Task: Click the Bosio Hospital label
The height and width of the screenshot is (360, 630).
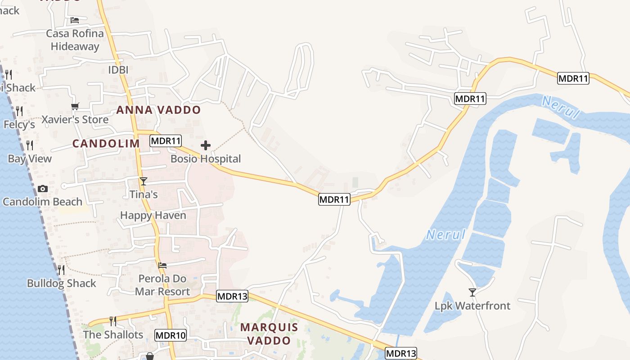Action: [x=206, y=159]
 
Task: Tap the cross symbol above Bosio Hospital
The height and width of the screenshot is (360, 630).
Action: [x=206, y=145]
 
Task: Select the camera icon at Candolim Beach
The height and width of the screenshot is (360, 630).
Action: [x=43, y=189]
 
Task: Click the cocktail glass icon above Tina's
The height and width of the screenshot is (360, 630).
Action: [x=144, y=181]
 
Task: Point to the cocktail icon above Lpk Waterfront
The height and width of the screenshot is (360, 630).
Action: [x=472, y=292]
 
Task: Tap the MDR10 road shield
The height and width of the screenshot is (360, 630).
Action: [x=171, y=335]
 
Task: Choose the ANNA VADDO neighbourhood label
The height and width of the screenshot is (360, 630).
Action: [x=158, y=110]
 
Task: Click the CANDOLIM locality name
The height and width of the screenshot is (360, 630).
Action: [x=106, y=144]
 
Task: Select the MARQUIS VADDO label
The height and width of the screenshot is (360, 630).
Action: [x=269, y=333]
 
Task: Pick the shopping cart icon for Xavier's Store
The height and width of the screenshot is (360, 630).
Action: [x=75, y=107]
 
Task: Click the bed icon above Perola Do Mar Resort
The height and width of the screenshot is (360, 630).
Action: [x=162, y=265]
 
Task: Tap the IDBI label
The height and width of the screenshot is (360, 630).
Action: [x=118, y=70]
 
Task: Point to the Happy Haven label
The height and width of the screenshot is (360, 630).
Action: [x=153, y=216]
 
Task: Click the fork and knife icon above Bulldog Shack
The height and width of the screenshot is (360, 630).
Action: [x=61, y=270]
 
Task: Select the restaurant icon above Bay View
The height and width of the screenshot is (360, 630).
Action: [x=30, y=145]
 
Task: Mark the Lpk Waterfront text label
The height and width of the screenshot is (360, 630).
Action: [x=472, y=306]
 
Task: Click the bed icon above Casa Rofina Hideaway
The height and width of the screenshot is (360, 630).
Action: [x=75, y=20]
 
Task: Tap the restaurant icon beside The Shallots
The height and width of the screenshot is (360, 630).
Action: [x=113, y=321]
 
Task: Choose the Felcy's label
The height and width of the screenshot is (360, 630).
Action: [x=19, y=124]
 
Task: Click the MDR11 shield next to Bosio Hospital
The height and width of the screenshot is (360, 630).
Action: [x=166, y=140]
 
